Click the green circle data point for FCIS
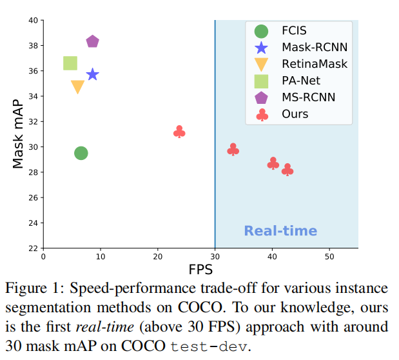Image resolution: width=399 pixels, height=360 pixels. [81, 153]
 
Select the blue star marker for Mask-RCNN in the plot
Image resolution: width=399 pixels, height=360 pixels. [93, 74]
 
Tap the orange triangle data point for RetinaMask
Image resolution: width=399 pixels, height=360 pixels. [77, 86]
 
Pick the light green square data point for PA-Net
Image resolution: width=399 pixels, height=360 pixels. [70, 63]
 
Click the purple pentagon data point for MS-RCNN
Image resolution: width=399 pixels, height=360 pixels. [92, 42]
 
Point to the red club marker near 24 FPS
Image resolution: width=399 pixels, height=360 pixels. [179, 132]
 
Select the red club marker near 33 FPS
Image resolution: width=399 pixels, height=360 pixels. [233, 150]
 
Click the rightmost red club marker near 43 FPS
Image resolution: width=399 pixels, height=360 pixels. [287, 170]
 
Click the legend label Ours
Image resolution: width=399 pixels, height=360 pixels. [295, 114]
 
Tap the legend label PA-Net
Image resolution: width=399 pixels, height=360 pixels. [300, 81]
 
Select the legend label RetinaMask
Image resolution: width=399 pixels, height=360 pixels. [315, 64]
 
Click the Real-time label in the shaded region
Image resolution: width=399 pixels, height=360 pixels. [280, 231]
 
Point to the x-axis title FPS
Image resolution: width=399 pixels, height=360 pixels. [200, 268]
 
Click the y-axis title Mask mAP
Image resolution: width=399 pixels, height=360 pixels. [19, 134]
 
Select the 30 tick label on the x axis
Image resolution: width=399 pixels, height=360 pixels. [215, 256]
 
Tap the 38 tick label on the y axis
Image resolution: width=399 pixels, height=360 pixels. [32, 46]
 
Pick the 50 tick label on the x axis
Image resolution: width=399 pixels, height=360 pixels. [329, 256]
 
